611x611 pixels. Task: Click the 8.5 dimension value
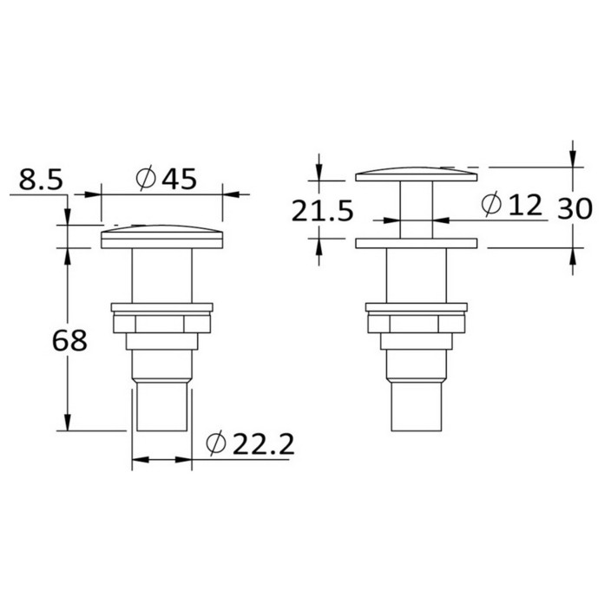(41, 180)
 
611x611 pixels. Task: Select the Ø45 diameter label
(166, 179)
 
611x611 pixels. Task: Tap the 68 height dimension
(69, 340)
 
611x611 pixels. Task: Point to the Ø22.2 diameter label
(250, 443)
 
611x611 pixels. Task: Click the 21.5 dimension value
(322, 211)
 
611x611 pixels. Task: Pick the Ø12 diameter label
(512, 205)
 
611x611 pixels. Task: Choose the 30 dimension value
(575, 208)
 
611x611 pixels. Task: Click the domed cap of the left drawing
(161, 237)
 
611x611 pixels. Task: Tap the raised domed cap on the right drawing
(417, 174)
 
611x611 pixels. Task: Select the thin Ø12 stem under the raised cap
(417, 210)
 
